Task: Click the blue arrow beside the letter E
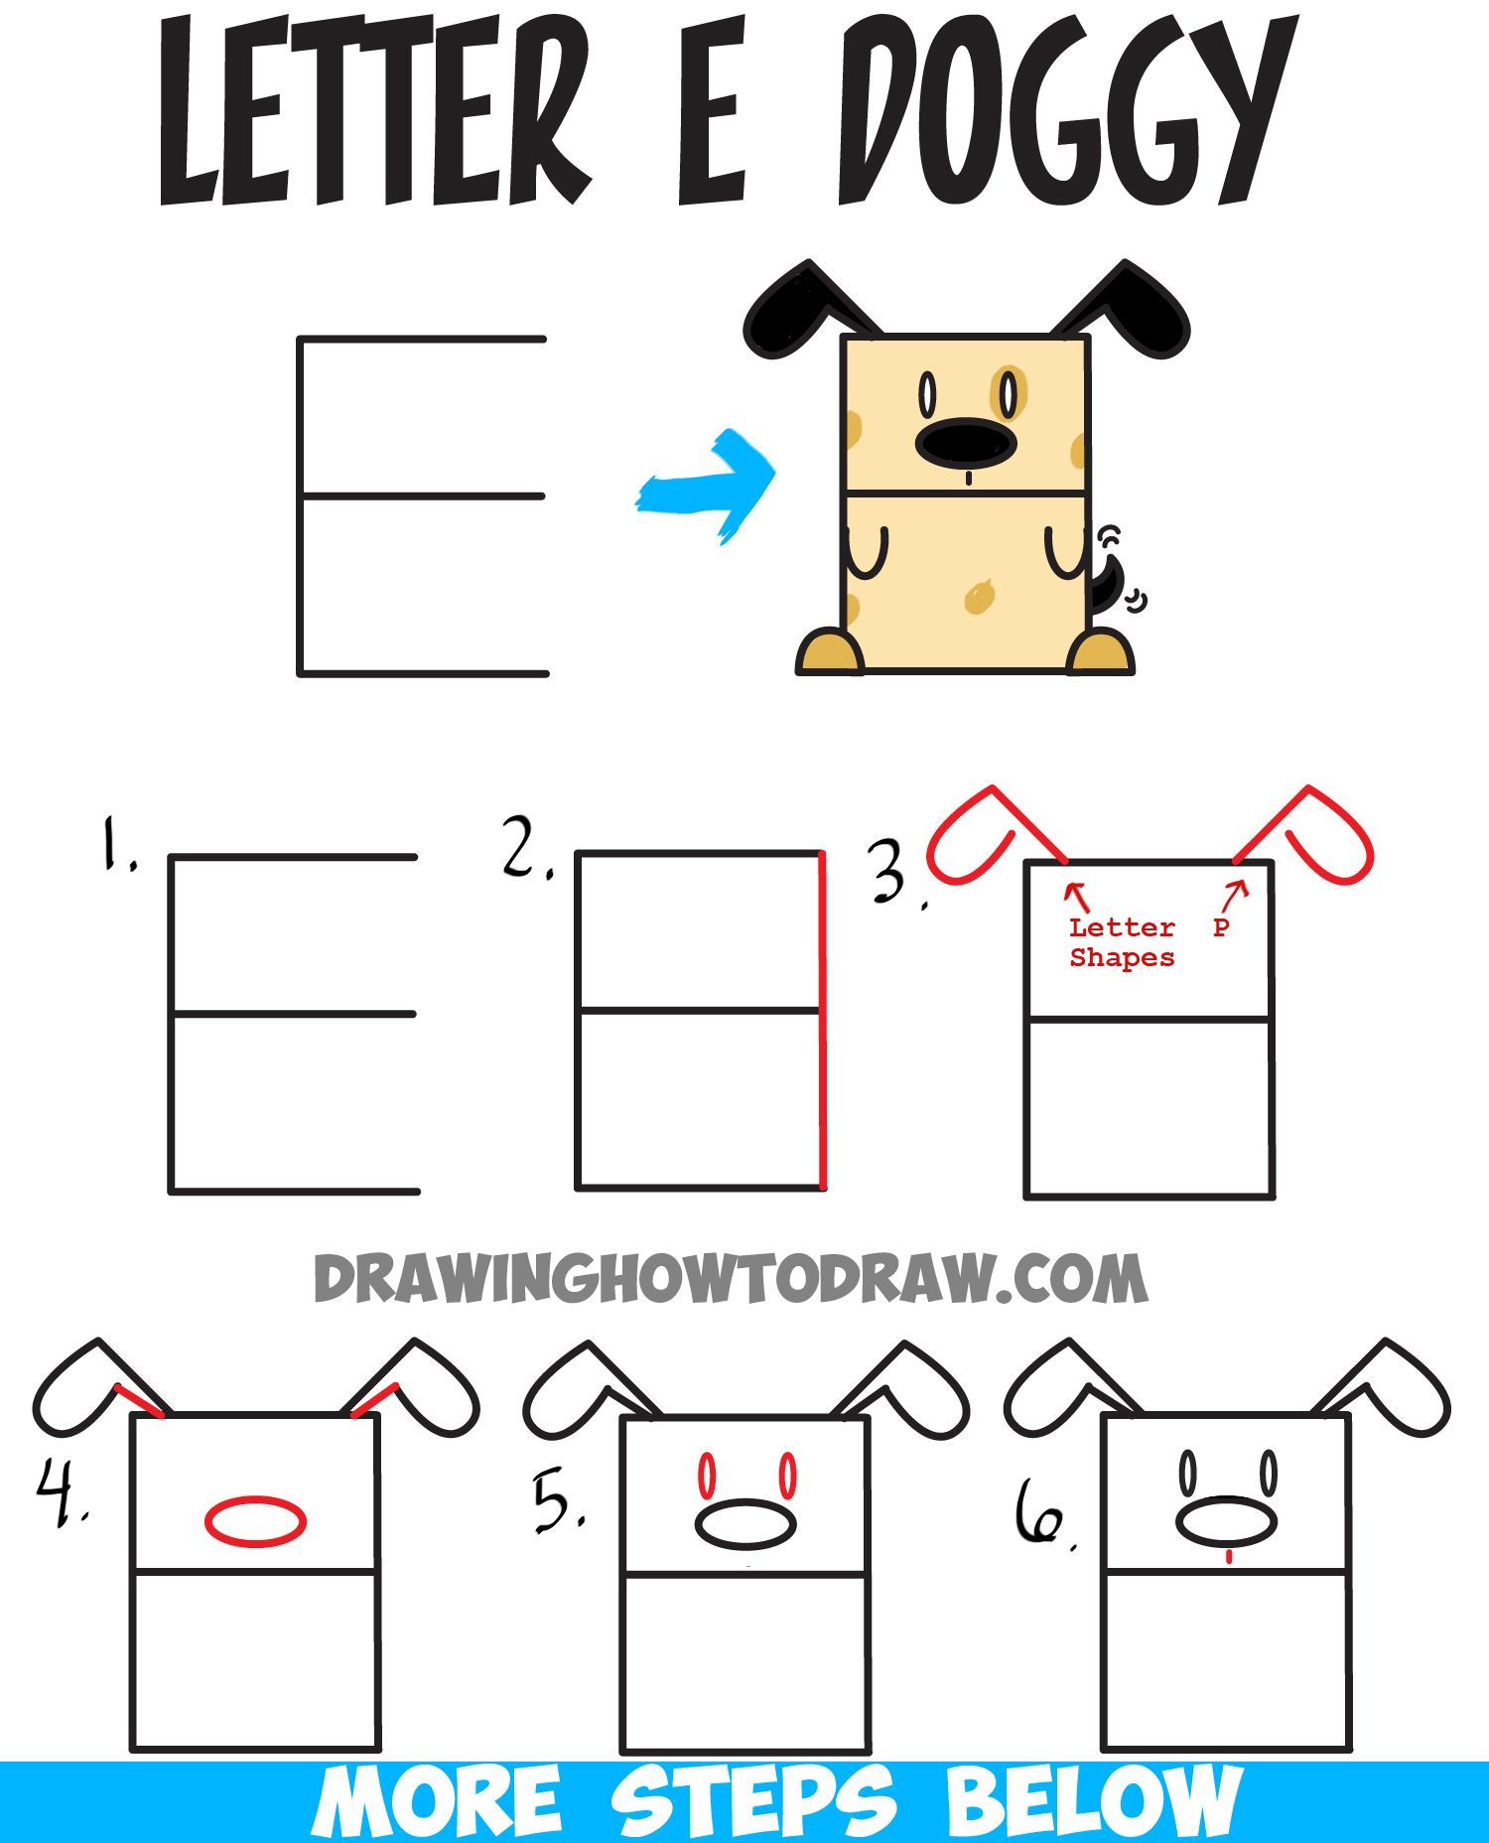[707, 487]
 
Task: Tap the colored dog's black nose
[966, 444]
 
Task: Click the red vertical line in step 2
[822, 1018]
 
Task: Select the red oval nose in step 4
[256, 1520]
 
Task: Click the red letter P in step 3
[1221, 927]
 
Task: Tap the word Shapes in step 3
[1122, 958]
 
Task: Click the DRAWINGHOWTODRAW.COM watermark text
[730, 1278]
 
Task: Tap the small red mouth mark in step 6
[1229, 1557]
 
